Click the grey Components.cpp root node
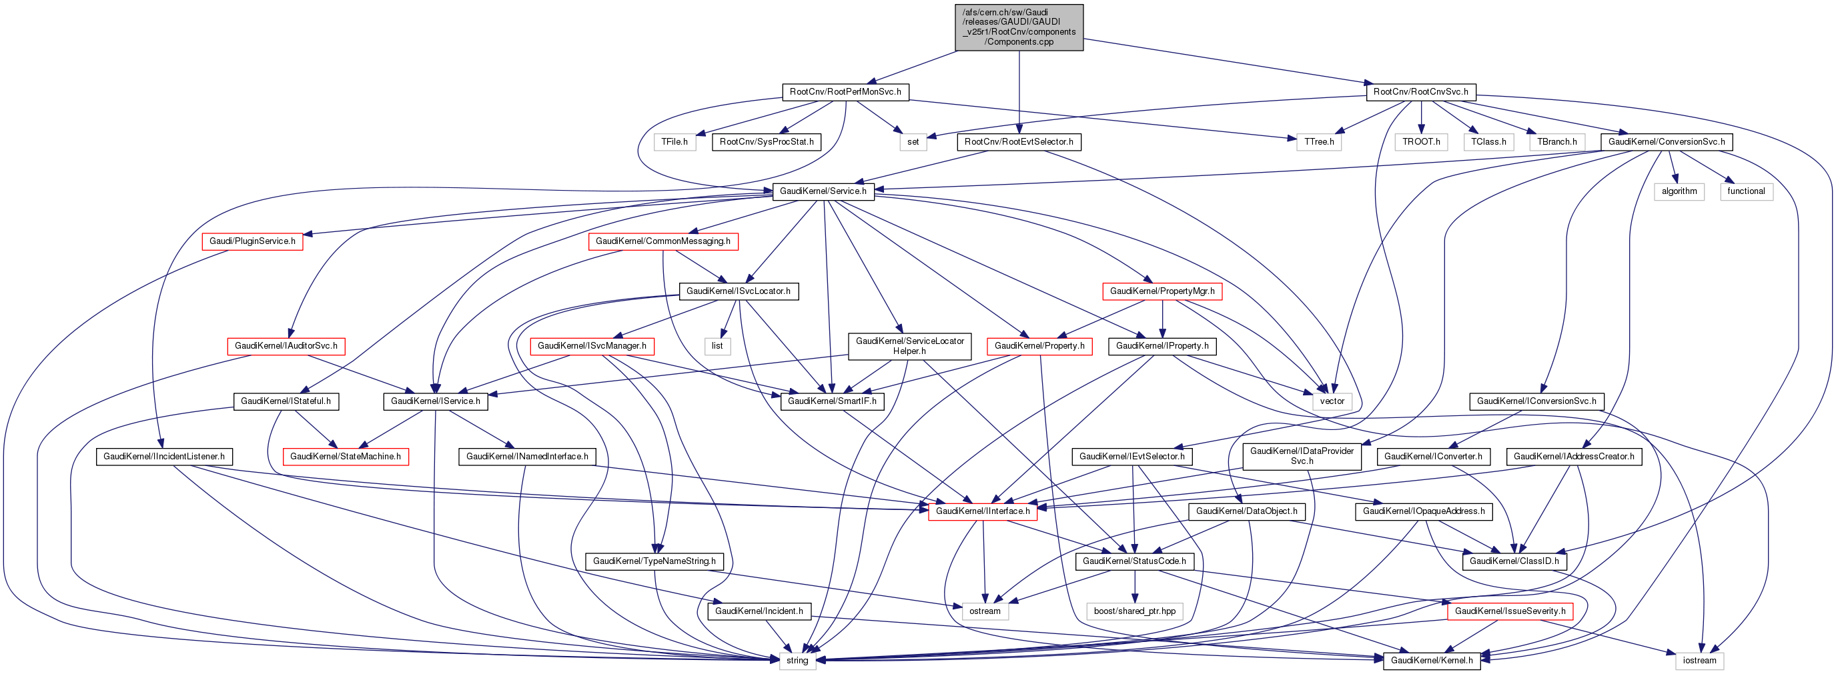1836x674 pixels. click(1019, 27)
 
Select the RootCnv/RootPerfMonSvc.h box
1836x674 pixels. click(845, 92)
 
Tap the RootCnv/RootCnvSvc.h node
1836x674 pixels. click(1420, 92)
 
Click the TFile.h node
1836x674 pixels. click(674, 142)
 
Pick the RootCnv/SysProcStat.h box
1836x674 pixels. click(766, 142)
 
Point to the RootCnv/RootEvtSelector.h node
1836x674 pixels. click(1019, 142)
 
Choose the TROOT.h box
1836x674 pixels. click(1420, 142)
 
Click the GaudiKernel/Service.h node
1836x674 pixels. click(823, 191)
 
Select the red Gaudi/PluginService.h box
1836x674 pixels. click(252, 241)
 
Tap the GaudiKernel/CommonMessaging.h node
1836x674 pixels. click(663, 241)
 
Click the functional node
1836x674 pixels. click(1745, 191)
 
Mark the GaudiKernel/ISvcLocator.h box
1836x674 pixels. click(738, 291)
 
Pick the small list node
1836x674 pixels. click(717, 345)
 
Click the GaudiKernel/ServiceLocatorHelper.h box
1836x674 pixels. click(909, 345)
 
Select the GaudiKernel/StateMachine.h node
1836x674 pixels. click(345, 456)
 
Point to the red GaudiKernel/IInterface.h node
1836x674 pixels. click(982, 511)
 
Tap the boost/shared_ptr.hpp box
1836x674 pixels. click(1134, 611)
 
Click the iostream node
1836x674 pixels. click(1699, 660)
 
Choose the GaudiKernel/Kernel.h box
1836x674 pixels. click(1431, 660)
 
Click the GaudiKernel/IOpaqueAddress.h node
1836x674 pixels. click(1423, 511)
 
